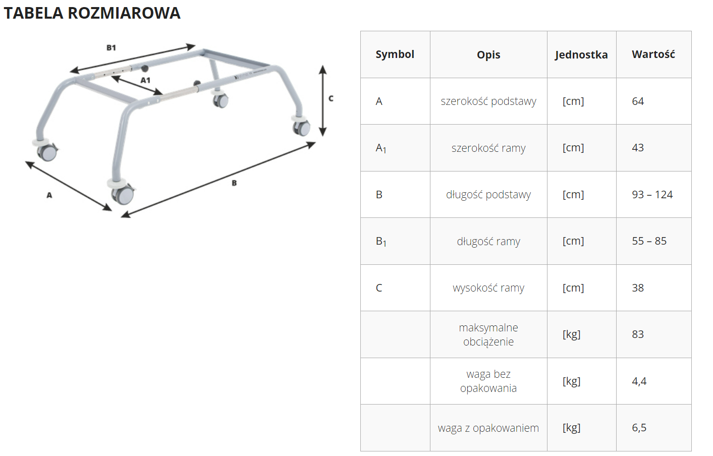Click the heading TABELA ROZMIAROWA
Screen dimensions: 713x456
(92, 13)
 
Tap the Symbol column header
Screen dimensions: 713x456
(395, 54)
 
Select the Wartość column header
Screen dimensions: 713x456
(653, 54)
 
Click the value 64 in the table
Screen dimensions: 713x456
(637, 101)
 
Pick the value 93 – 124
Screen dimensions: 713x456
(652, 194)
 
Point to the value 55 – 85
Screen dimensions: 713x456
(649, 241)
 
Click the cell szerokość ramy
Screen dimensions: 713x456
(488, 148)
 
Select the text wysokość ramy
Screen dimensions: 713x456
(488, 288)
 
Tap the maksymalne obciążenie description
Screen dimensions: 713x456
(488, 334)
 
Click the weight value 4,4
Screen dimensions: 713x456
(639, 381)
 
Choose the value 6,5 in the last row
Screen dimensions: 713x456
(639, 428)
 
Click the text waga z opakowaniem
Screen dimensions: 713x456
(488, 428)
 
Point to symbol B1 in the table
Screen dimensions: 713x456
(381, 242)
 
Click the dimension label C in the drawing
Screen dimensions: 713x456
(331, 99)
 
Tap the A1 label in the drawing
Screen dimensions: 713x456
(145, 80)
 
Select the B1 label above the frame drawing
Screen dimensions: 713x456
(111, 48)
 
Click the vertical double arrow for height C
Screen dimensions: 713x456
(323, 101)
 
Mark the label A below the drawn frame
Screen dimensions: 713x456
(49, 195)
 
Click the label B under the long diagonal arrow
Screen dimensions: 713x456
(234, 183)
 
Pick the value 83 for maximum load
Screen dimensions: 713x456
(637, 334)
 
